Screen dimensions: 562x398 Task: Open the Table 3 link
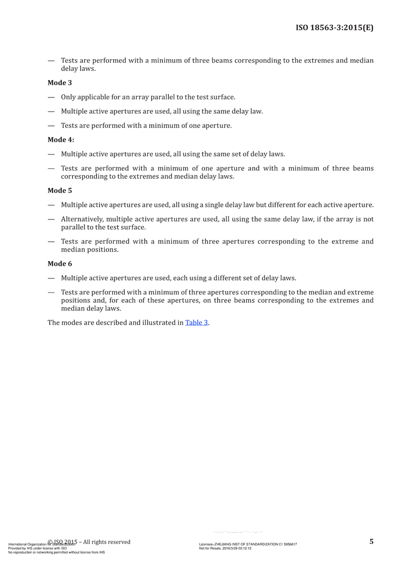tap(196, 322)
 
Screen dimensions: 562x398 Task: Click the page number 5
tap(371, 541)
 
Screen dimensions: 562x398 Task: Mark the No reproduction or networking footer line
tap(54, 552)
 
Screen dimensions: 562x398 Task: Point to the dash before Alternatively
tap(51, 219)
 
